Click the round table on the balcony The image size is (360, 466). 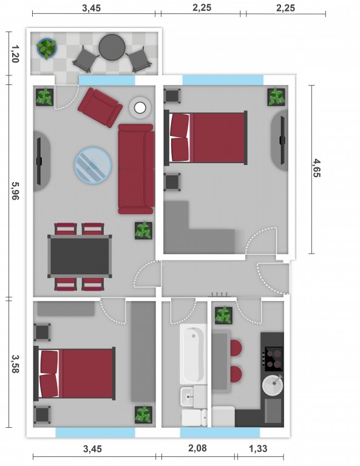click(x=112, y=47)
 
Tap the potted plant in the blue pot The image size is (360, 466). click(x=46, y=48)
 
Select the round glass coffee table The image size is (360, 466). click(x=93, y=165)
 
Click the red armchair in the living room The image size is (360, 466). click(x=100, y=107)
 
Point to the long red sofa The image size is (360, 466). click(x=137, y=169)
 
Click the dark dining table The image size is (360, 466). click(x=80, y=256)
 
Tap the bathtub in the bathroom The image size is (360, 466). click(x=193, y=354)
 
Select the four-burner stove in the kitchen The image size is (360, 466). click(x=273, y=359)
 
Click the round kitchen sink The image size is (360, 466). click(x=273, y=385)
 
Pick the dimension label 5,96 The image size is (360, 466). click(x=15, y=191)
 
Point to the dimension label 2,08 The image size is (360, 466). click(x=197, y=448)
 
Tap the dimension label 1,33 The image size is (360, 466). click(x=258, y=448)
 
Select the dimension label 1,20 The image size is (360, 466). click(x=15, y=53)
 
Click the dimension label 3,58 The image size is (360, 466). click(x=15, y=363)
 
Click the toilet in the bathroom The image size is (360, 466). click(x=194, y=417)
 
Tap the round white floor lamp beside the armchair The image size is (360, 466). click(x=140, y=107)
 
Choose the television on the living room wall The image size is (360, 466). click(x=39, y=161)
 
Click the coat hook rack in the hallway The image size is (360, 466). click(x=220, y=295)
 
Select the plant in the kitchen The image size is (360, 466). click(x=223, y=316)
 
